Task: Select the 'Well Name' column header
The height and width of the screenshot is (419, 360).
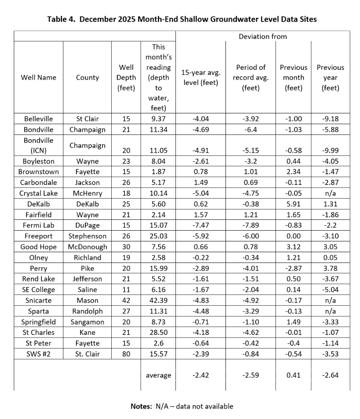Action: point(38,78)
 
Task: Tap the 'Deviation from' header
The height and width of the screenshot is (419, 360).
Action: point(263,36)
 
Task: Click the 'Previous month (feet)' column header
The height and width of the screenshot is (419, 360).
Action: point(294,78)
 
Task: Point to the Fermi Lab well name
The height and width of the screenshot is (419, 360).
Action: point(38,225)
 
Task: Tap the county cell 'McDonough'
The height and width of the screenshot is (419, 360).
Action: point(87,247)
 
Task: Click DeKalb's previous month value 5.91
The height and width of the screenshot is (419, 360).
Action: point(294,204)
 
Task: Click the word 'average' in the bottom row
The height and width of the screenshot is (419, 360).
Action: point(158,375)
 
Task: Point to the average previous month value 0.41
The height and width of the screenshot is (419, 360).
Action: point(294,375)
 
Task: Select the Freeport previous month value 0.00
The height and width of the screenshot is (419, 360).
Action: point(294,236)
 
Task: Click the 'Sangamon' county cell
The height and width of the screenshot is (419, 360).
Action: point(87,321)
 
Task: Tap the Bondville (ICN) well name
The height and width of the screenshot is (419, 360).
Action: point(38,145)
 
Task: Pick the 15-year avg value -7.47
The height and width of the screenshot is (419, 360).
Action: point(200,225)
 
